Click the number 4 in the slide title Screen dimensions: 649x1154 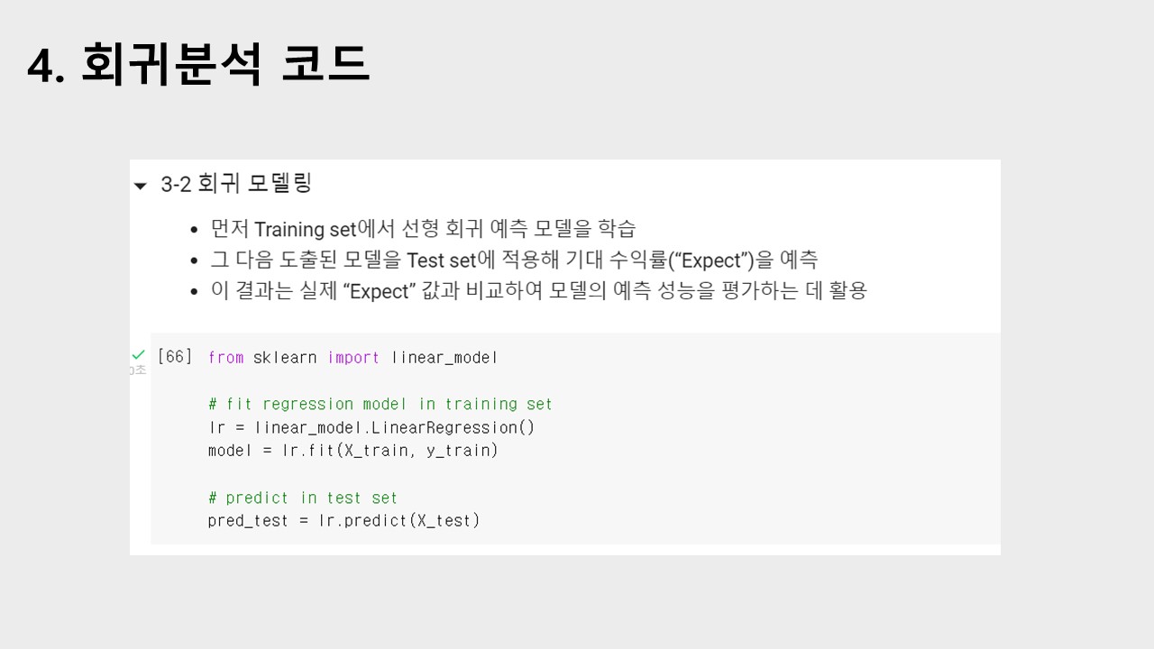pos(40,66)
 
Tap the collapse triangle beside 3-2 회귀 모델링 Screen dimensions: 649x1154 pos(140,186)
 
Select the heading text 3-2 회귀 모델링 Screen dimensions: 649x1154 pos(236,184)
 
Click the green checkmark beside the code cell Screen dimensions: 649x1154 pos(138,355)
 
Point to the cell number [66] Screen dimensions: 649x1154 pos(175,357)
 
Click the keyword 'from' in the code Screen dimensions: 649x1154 pos(225,358)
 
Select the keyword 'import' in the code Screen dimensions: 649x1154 pos(353,358)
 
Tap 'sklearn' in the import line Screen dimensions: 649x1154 pos(285,358)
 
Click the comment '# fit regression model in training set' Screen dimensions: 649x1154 pos(380,404)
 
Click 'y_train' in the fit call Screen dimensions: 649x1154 pos(462,450)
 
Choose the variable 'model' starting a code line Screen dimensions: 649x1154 pos(230,450)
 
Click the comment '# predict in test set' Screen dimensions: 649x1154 pos(302,498)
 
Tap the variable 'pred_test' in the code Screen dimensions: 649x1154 pos(248,520)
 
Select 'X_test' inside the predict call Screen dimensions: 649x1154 pos(445,520)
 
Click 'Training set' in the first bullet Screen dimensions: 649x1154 pos(306,229)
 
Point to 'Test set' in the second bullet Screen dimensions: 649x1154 pos(441,261)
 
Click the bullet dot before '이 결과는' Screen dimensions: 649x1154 pos(194,292)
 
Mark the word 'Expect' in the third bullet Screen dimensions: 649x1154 pos(379,291)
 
